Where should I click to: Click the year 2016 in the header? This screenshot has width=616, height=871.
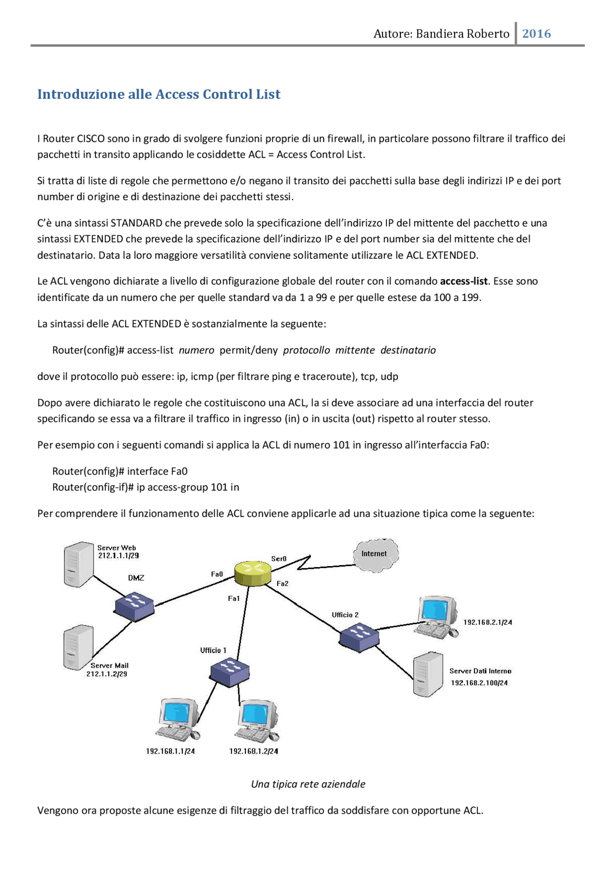point(536,34)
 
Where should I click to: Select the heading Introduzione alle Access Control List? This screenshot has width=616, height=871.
point(159,94)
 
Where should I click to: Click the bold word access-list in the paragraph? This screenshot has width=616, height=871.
point(463,281)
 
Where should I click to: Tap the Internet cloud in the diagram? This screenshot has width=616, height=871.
point(375,555)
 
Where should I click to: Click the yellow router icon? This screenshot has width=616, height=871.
point(253,573)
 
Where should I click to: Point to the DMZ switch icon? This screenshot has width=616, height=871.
point(134,606)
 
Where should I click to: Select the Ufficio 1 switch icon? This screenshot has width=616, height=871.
point(230,672)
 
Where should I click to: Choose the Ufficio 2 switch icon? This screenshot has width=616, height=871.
point(359,637)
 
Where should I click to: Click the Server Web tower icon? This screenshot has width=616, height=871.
point(78,564)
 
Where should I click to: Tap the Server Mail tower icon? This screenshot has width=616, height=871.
point(78,647)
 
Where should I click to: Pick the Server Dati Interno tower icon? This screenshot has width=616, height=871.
point(428,674)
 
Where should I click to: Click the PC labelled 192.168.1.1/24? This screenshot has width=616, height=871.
point(178,720)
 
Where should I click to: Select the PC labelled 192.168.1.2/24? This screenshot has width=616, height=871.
point(257,720)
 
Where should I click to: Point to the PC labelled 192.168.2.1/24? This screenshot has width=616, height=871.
point(436,617)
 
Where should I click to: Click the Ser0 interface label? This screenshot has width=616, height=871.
point(279,559)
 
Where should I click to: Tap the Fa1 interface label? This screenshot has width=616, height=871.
point(234,599)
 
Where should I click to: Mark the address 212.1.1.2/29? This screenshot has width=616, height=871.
point(107,674)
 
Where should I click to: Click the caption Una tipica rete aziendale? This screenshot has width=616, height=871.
point(308,784)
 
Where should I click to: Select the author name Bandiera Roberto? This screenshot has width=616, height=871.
point(462,34)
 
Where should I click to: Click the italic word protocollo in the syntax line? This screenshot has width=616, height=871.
point(306,351)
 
